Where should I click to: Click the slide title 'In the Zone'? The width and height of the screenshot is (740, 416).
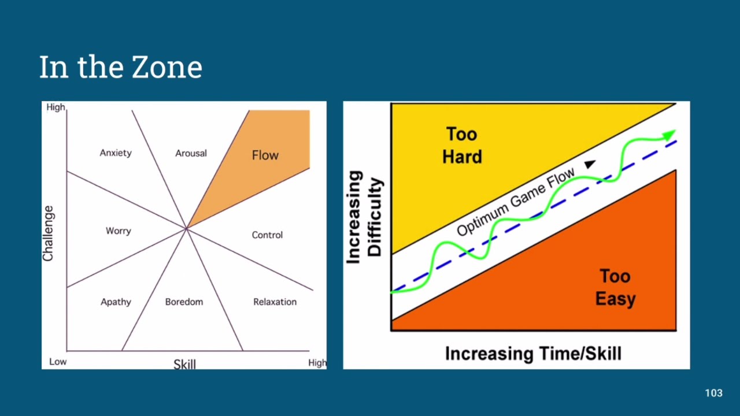pyautogui.click(x=121, y=67)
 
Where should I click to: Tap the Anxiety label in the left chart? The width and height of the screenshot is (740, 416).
pyautogui.click(x=116, y=153)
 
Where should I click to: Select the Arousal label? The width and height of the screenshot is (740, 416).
pyautogui.click(x=191, y=153)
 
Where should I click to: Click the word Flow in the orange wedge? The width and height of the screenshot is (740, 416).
pyautogui.click(x=265, y=155)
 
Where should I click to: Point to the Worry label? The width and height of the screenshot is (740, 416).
pyautogui.click(x=119, y=231)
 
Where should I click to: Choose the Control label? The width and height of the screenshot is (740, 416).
pyautogui.click(x=267, y=235)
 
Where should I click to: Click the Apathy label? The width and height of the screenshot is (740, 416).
pyautogui.click(x=116, y=302)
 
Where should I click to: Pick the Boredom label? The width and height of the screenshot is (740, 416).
pyautogui.click(x=184, y=302)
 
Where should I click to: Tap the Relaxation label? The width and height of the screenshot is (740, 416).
pyautogui.click(x=275, y=302)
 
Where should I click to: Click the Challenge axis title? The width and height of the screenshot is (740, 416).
pyautogui.click(x=48, y=233)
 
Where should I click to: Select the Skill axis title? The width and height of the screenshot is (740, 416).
pyautogui.click(x=184, y=364)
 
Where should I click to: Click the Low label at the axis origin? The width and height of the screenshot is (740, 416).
pyautogui.click(x=58, y=362)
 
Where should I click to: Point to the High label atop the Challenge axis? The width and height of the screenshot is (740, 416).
pyautogui.click(x=55, y=107)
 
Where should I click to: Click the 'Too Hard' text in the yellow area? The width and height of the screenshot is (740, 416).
pyautogui.click(x=462, y=145)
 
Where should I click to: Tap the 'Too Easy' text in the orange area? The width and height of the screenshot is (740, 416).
pyautogui.click(x=616, y=287)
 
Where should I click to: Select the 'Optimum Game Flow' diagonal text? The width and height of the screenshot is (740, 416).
pyautogui.click(x=516, y=202)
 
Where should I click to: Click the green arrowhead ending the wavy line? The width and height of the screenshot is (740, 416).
pyautogui.click(x=669, y=135)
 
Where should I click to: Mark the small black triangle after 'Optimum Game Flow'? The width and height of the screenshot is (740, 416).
pyautogui.click(x=590, y=164)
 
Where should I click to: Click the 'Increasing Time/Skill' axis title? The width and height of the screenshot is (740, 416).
pyautogui.click(x=533, y=354)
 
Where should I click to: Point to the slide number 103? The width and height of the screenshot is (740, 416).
pyautogui.click(x=713, y=393)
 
